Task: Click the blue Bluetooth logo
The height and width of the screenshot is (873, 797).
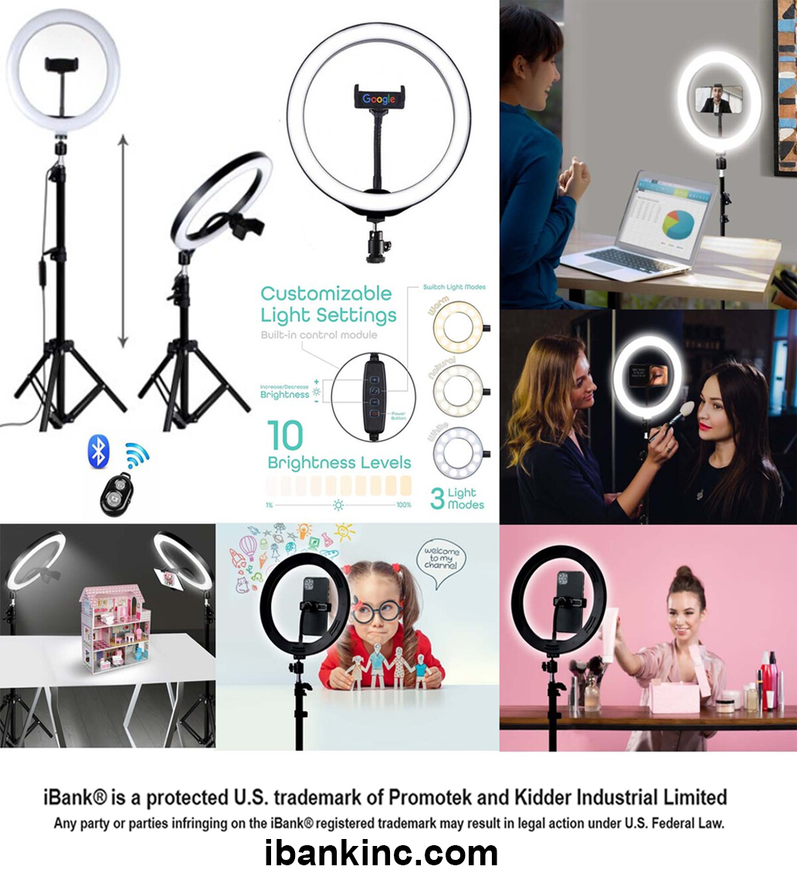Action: (x=98, y=450)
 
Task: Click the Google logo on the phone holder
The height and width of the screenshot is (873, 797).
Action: (x=378, y=99)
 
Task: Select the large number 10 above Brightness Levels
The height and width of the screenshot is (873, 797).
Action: (x=285, y=436)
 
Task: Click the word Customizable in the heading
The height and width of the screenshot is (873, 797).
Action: (x=326, y=294)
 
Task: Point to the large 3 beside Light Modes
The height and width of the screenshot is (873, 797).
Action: (x=437, y=498)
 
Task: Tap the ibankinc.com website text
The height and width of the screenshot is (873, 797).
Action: (x=381, y=853)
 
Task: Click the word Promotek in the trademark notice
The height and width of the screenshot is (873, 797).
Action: (x=458, y=797)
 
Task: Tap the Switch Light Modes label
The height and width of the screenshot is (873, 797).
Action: (x=454, y=287)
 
